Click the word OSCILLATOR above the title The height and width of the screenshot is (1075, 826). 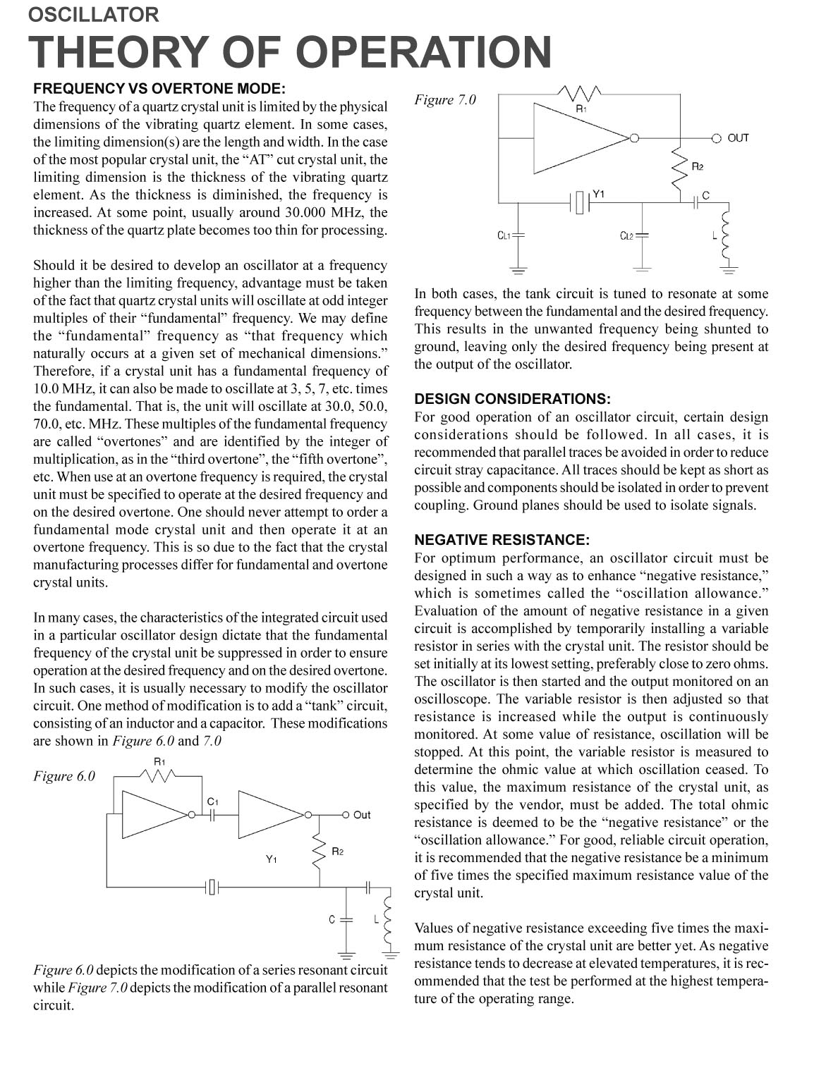tap(94, 14)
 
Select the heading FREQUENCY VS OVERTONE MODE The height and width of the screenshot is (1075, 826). tap(159, 89)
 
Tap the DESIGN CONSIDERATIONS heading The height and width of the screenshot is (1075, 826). tap(512, 399)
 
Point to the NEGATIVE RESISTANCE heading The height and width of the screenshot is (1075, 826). tap(502, 540)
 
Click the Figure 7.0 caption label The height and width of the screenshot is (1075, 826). tap(445, 100)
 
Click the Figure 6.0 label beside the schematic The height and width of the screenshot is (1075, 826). tap(64, 776)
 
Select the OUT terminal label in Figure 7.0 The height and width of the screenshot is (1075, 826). tap(738, 138)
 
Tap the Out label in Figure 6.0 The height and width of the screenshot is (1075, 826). tap(362, 815)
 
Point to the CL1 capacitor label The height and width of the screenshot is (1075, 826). tap(504, 235)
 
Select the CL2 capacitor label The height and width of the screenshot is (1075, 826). tap(626, 235)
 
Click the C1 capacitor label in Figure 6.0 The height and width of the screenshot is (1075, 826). tap(213, 801)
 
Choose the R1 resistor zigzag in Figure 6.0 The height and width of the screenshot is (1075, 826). tap(161, 776)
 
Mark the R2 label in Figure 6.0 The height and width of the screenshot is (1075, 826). tap(338, 852)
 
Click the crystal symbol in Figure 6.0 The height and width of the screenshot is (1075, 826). tap(213, 887)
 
